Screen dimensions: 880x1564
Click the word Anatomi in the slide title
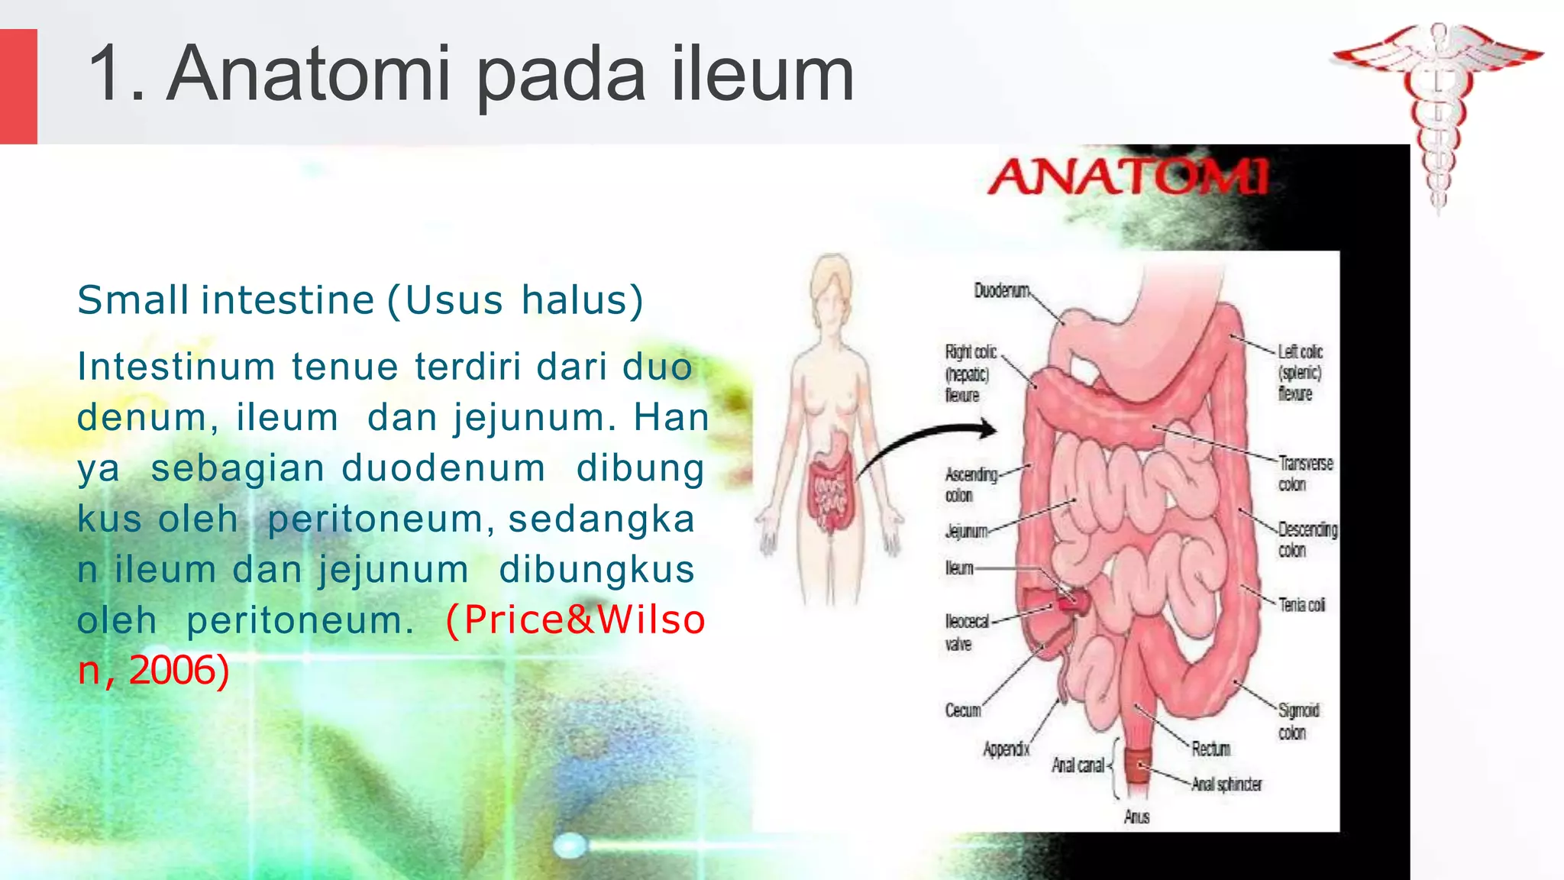click(308, 74)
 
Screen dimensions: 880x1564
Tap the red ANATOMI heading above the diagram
click(1129, 177)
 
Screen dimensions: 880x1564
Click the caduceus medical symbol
click(1437, 115)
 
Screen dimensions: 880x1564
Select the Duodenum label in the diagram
click(1001, 290)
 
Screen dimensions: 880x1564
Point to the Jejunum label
click(966, 531)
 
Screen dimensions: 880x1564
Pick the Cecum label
click(962, 710)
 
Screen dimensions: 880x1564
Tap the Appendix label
click(1006, 749)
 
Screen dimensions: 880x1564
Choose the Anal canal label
click(1078, 765)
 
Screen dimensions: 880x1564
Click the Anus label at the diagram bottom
click(1136, 817)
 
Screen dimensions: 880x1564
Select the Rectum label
click(1211, 749)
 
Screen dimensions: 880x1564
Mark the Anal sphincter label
click(1226, 785)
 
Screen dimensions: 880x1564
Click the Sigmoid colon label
click(1297, 721)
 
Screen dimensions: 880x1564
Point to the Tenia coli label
click(1302, 605)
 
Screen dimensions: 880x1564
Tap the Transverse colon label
click(1305, 474)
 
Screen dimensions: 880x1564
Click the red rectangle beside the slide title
click(18, 86)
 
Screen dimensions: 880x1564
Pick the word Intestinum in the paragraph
click(176, 367)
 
